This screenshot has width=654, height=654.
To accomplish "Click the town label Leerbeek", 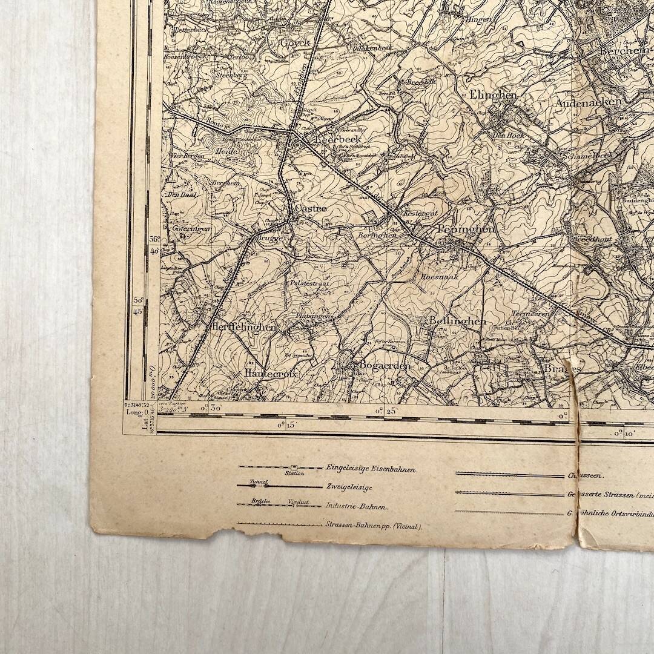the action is click(339, 140).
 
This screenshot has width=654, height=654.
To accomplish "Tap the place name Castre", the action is click(311, 208).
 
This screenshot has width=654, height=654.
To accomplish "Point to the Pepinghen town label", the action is click(465, 230).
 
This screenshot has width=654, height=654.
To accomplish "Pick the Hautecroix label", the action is click(271, 374).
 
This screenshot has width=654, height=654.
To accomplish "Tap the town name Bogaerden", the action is click(385, 365).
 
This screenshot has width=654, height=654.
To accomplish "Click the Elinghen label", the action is click(493, 95).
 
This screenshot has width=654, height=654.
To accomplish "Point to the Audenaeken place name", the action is click(589, 102).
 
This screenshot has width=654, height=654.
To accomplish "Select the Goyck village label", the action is click(294, 42).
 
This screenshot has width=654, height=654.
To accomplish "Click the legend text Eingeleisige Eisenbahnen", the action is click(372, 467).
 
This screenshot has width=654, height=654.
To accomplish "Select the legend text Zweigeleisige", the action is click(349, 486).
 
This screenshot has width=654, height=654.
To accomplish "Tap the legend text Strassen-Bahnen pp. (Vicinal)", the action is click(374, 526).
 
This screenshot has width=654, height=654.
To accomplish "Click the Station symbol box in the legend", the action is click(294, 467).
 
